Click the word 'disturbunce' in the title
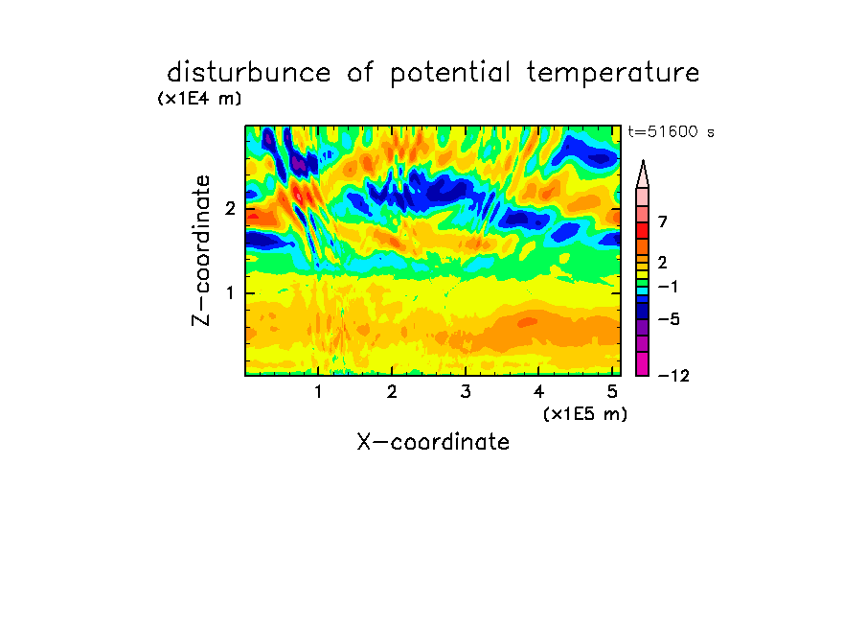click(248, 73)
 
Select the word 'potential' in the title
click(450, 74)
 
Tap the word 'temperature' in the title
click(612, 74)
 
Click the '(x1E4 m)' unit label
click(199, 99)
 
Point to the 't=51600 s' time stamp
click(671, 131)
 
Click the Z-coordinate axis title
click(201, 250)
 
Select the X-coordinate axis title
click(433, 442)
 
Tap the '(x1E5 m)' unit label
click(585, 414)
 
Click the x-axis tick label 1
click(318, 392)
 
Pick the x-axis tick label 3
click(466, 392)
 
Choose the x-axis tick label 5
click(612, 392)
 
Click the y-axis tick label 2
click(230, 208)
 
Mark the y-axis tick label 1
click(230, 293)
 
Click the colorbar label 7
click(663, 221)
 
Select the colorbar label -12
click(673, 376)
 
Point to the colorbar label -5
click(669, 319)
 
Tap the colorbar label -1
click(668, 287)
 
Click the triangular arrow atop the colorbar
click(643, 174)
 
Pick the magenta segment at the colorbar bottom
click(643, 363)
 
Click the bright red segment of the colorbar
click(643, 230)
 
